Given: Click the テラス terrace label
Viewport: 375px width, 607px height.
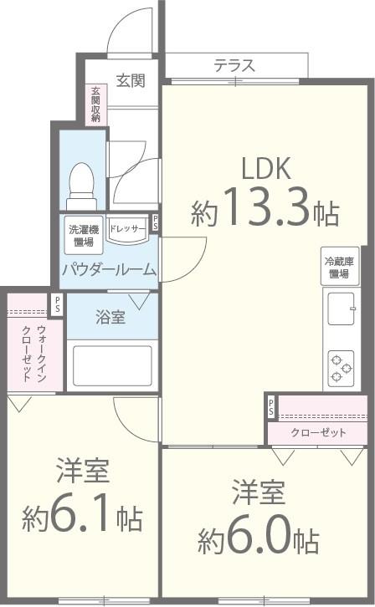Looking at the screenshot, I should (234, 65).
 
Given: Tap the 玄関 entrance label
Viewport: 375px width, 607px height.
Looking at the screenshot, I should (130, 80).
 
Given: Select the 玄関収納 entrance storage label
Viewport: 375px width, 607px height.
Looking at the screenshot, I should (96, 105).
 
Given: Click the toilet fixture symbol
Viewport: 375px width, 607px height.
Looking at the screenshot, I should (81, 182).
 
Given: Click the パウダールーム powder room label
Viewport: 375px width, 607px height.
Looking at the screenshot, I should (108, 269).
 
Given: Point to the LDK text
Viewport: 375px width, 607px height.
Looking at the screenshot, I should (265, 170).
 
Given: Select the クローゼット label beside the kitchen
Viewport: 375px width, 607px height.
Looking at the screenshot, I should (318, 432).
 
